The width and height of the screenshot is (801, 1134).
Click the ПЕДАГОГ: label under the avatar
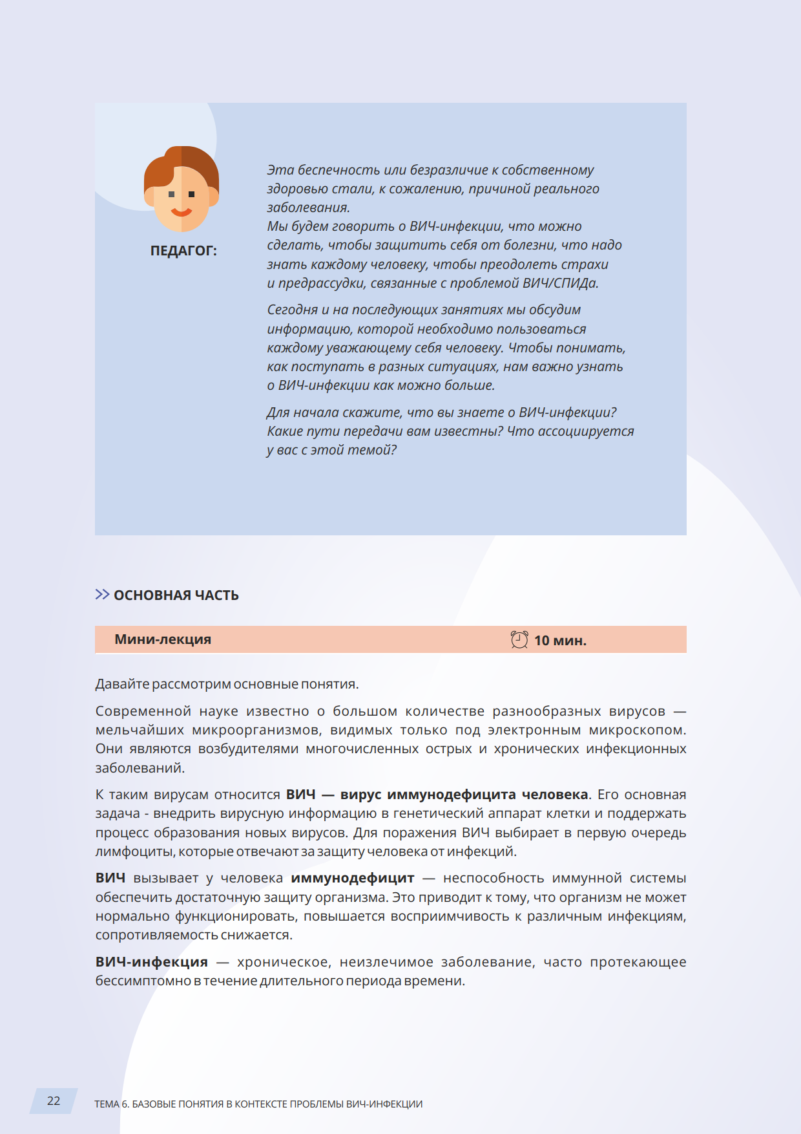[183, 251]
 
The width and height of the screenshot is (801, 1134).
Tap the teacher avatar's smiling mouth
[182, 212]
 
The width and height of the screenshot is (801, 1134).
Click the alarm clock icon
[519, 640]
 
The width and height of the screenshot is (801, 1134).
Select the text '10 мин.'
[560, 641]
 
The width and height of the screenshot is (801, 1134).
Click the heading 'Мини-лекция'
[163, 639]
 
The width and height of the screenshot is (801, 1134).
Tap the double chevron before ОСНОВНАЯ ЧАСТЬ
[102, 594]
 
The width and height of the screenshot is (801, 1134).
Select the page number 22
[54, 1100]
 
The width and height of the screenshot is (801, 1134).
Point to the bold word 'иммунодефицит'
[352, 878]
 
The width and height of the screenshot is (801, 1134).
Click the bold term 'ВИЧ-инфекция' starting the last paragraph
[152, 962]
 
